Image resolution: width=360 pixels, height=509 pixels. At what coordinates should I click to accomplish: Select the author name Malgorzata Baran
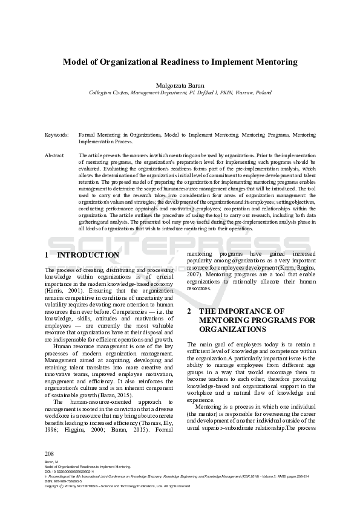pyautogui.click(x=180, y=86)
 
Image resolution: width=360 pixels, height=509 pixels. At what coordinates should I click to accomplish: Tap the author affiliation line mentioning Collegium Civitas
pyautogui.click(x=180, y=93)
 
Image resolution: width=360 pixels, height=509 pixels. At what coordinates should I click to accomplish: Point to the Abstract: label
pyautogui.click(x=55, y=155)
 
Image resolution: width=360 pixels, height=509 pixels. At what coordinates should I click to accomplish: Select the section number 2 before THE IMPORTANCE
pyautogui.click(x=189, y=311)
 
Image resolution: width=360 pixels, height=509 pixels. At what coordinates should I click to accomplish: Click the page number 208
pyautogui.click(x=50, y=453)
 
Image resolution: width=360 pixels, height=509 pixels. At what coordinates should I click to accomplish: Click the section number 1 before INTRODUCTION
pyautogui.click(x=47, y=255)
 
